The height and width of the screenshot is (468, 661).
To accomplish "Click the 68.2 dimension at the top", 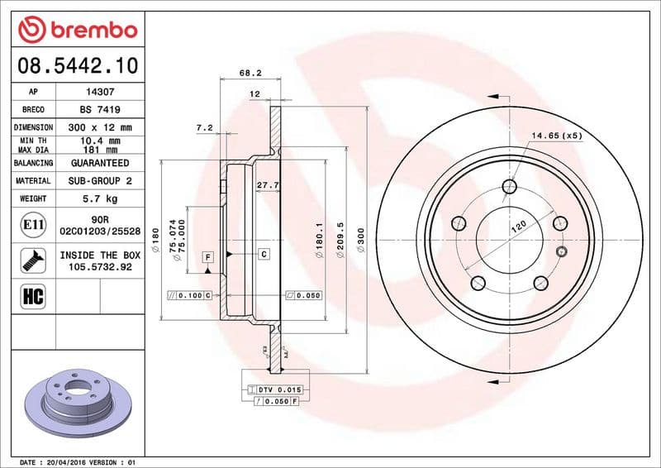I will [246, 73].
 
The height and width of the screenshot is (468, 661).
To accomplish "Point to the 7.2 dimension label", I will [204, 127].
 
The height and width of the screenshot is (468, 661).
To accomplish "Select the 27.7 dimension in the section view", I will [265, 186].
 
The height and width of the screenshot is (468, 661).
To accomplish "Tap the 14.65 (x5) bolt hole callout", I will [556, 134].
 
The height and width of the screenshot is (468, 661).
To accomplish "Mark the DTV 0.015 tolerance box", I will [280, 388].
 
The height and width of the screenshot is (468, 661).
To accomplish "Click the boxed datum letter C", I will [264, 254].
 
